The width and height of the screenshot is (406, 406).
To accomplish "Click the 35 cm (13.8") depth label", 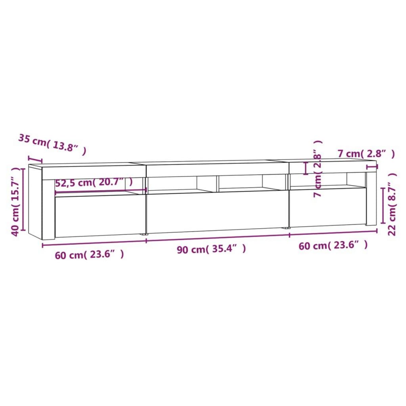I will tap(52, 145).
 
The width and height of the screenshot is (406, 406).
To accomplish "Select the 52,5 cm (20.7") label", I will tap(94, 183).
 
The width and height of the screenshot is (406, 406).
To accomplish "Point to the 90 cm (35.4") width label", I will tap(211, 249).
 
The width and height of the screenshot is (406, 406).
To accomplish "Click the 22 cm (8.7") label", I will tap(392, 204).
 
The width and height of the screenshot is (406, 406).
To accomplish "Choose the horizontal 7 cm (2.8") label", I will tap(366, 154).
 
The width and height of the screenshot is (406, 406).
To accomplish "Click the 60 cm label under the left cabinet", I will tap(89, 254).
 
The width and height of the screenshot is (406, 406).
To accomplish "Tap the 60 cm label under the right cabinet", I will tap(333, 245).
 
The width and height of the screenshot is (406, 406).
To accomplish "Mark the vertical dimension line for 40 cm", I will tap(23, 200).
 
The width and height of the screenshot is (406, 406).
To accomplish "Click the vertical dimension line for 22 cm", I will tap(383, 205).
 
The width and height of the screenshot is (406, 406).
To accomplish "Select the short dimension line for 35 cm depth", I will tap(35, 159).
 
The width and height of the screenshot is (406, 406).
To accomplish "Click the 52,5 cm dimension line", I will tap(100, 191).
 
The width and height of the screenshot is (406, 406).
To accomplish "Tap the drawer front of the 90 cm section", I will tap(217, 212).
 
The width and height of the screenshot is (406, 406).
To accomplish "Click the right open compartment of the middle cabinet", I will tap(240, 182).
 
